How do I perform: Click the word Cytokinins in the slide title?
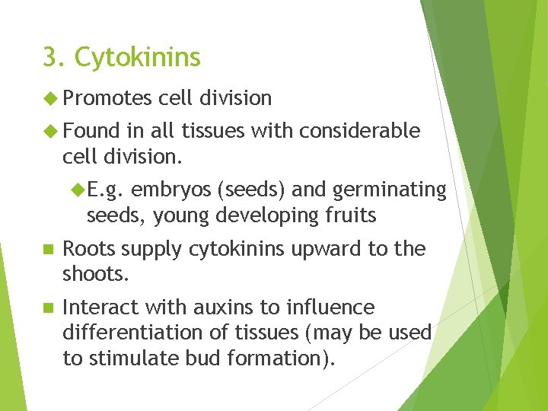138,58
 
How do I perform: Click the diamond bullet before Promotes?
51,98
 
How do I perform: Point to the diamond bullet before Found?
51,131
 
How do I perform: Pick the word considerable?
359,131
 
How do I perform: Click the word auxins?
220,307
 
